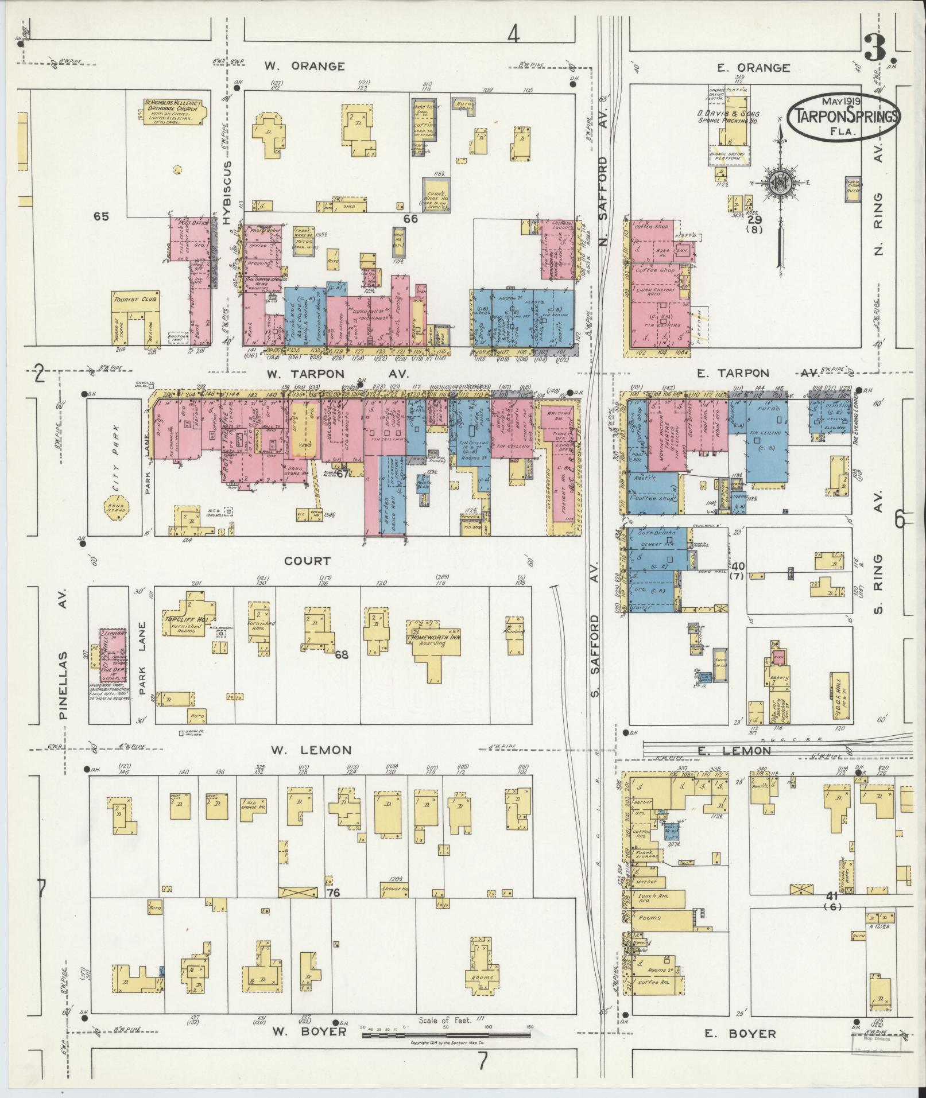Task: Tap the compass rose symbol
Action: [x=778, y=183]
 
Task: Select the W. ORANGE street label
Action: [x=304, y=66]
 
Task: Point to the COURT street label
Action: [x=307, y=561]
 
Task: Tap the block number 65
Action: [x=101, y=216]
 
